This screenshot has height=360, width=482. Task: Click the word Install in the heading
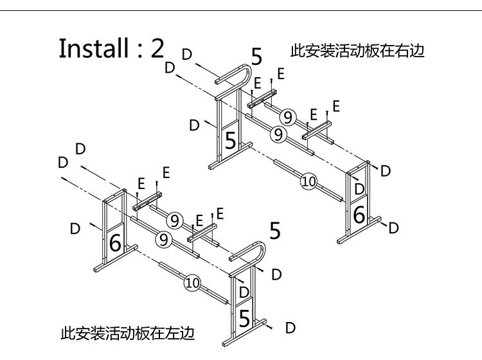coord(94,48)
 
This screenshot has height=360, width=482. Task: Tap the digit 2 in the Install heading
coord(157,49)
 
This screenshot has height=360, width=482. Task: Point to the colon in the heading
coord(140,51)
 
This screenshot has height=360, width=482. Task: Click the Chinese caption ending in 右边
coord(357,51)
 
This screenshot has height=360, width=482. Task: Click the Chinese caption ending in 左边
coord(128,333)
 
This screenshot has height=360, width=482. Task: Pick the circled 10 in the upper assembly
coord(308,182)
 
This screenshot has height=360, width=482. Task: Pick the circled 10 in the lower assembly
coord(193,283)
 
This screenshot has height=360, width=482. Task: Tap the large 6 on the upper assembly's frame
coord(359,215)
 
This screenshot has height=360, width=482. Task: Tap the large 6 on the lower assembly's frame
coord(115,243)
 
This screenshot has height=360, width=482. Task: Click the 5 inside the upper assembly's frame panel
coord(230,141)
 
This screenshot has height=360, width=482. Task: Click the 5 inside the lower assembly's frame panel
coord(244,318)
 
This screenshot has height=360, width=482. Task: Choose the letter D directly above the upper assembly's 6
coord(359,189)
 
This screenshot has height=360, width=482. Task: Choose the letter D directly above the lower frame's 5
coord(244,292)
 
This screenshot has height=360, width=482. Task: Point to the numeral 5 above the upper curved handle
coord(256,57)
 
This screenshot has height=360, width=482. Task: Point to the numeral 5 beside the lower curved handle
coord(275,231)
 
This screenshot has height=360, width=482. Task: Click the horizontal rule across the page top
coord(241,11)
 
